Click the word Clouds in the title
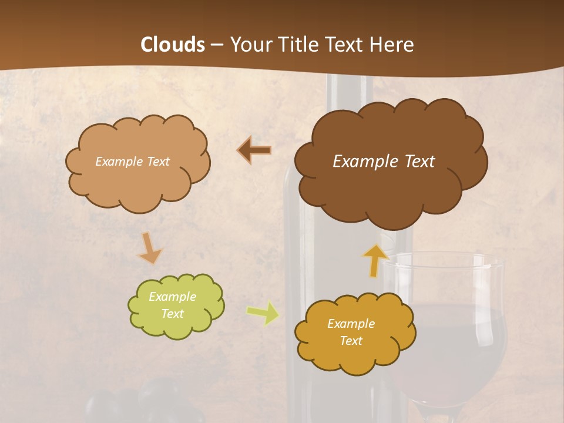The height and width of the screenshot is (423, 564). pos(173,45)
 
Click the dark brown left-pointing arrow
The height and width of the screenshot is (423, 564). pos(254,150)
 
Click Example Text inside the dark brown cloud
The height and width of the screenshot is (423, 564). pos(384,162)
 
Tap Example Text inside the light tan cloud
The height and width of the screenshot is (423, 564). pos(132,162)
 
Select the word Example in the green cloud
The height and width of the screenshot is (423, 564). pos(172,297)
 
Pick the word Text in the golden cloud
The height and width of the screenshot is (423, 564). pos(351,341)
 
